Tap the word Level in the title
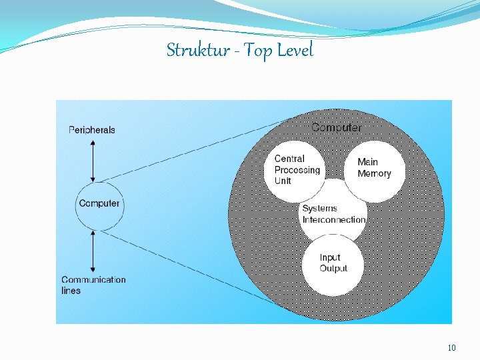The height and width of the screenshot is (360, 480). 294,50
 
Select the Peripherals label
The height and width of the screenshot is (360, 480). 92,130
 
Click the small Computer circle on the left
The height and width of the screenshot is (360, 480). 99,203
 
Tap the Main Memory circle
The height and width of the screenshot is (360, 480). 375,169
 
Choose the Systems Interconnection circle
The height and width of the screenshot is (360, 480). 333,216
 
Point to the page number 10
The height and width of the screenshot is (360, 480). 452,347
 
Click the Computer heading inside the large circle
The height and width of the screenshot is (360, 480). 337,127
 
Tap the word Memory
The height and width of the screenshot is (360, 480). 374,174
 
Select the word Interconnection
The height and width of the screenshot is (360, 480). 334,219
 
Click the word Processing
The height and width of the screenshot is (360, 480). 297,170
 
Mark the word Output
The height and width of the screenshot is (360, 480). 333,269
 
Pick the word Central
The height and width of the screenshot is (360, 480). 289,159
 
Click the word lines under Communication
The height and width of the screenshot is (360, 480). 71,291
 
